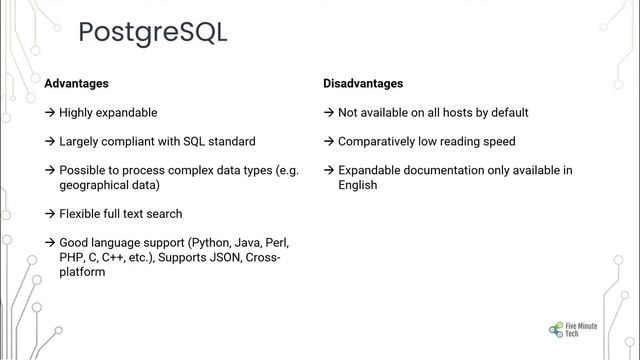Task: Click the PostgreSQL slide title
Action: click(152, 32)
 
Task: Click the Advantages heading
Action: click(76, 84)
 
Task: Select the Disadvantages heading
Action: click(363, 84)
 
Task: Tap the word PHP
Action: click(72, 257)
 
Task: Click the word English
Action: click(358, 185)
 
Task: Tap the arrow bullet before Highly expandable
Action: click(50, 113)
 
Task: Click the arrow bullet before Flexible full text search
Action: click(50, 214)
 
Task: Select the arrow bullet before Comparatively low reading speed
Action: click(329, 142)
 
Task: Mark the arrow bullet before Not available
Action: click(329, 113)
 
